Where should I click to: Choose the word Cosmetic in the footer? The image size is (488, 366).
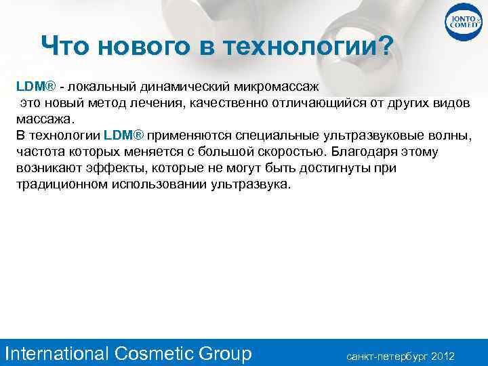[x=155, y=353]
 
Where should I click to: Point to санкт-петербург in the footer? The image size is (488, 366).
[x=387, y=355]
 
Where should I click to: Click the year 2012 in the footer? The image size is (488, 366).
[x=443, y=355]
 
